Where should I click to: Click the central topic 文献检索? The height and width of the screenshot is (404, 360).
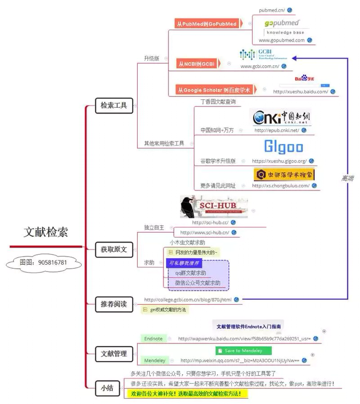(46, 232)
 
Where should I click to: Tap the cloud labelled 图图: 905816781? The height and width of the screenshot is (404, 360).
(43, 262)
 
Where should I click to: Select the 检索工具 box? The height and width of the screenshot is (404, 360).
(114, 106)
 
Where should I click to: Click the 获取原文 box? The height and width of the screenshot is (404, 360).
(114, 249)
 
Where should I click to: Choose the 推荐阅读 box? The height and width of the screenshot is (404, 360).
(114, 304)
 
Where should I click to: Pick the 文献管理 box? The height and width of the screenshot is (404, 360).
(114, 354)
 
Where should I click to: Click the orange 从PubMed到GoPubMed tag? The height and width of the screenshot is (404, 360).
(206, 24)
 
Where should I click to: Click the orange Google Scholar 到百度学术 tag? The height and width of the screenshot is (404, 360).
(215, 90)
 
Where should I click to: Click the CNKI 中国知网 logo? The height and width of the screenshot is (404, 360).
(283, 117)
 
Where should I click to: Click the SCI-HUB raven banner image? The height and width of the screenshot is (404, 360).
(214, 207)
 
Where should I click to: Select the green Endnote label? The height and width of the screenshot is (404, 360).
(153, 338)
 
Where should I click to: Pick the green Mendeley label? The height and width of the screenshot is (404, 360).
(155, 360)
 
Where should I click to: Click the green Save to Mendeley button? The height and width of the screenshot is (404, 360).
(243, 351)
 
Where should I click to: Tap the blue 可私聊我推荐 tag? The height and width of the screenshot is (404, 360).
(184, 263)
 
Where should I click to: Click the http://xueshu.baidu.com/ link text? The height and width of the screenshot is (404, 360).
(300, 92)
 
